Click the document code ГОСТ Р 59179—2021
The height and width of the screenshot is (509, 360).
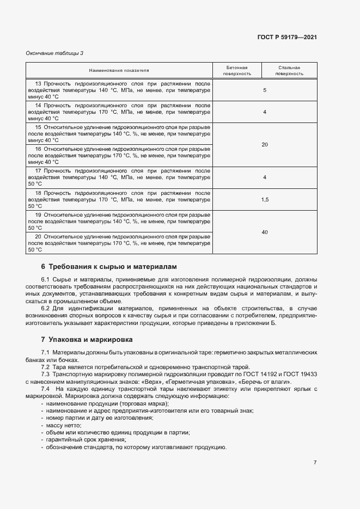coord(287,38)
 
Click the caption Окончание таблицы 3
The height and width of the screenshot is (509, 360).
coord(55,53)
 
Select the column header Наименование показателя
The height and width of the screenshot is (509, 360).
coord(119,70)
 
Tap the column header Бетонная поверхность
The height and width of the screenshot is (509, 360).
coord(237,70)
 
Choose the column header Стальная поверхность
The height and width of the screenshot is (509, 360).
coord(289,70)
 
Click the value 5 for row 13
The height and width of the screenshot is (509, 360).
coord(265,90)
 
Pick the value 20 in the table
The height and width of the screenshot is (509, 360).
coord(265,144)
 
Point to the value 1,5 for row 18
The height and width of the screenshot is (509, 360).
coord(265,200)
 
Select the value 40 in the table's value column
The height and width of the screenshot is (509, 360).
coord(265,232)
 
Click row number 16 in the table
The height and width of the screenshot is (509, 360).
coord(38,149)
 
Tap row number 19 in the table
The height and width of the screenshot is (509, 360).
coord(38,215)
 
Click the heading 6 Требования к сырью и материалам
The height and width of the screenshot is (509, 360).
coord(109,267)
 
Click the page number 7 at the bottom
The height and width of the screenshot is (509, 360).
coord(315,463)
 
